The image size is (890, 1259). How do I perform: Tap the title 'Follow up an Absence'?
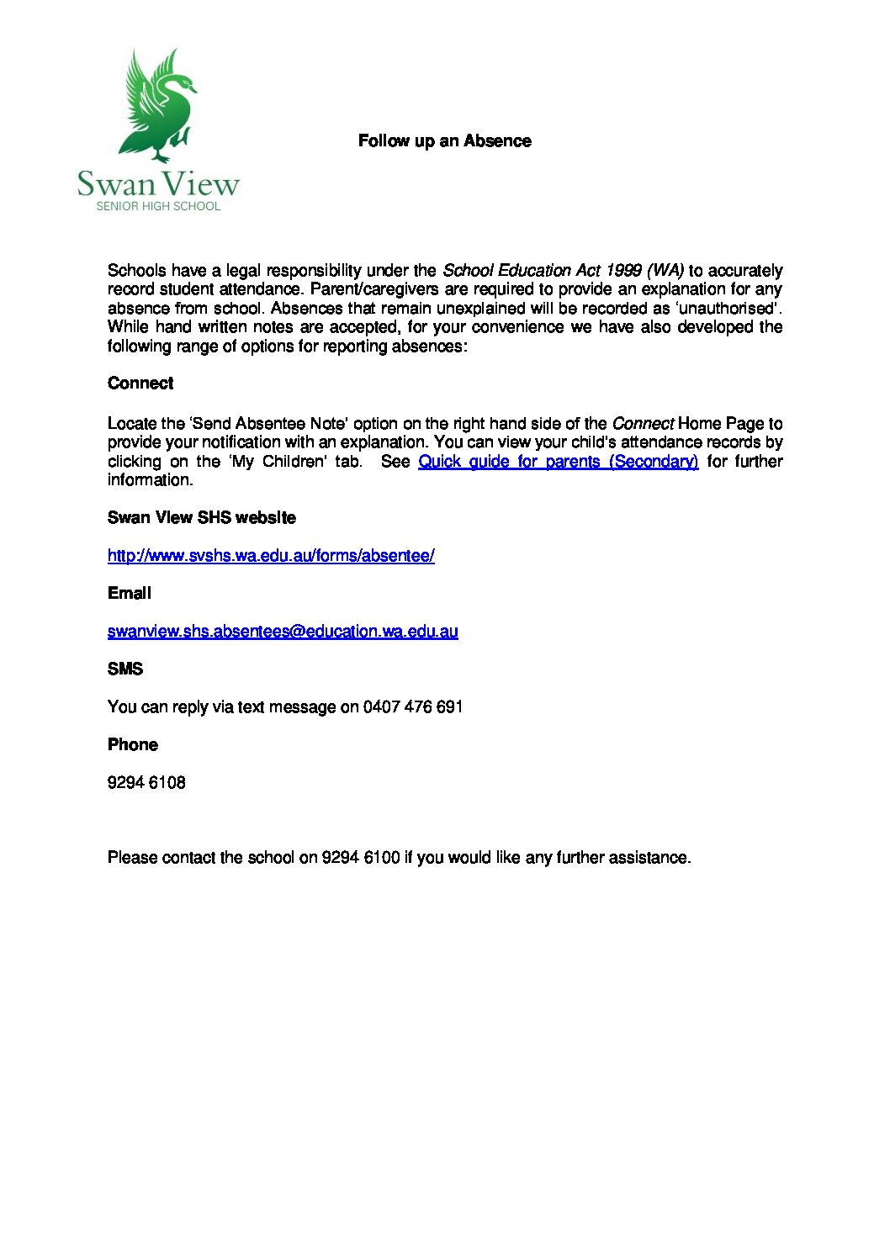pos(444,141)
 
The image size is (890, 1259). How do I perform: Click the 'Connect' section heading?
pos(140,384)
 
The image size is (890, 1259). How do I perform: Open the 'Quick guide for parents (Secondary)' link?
pos(558,462)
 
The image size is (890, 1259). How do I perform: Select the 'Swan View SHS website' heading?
pos(202,518)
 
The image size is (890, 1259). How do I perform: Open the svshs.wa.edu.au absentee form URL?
pos(271,556)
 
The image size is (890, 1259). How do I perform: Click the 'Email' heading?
pos(130,594)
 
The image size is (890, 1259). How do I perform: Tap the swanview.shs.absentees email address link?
pos(283,632)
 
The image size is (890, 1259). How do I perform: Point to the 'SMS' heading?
pos(125,669)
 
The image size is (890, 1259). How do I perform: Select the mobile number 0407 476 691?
pos(413,707)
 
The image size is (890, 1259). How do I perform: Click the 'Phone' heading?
pos(133,745)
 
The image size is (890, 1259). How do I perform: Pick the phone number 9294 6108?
pos(146,783)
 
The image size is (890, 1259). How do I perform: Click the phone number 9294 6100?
pos(361,858)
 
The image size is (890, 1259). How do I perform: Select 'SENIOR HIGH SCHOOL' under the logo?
pos(158,206)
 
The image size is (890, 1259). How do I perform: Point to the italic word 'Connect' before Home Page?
pos(643,424)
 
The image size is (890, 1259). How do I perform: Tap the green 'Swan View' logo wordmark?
pos(158,183)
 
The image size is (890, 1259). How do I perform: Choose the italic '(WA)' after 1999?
pos(665,271)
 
